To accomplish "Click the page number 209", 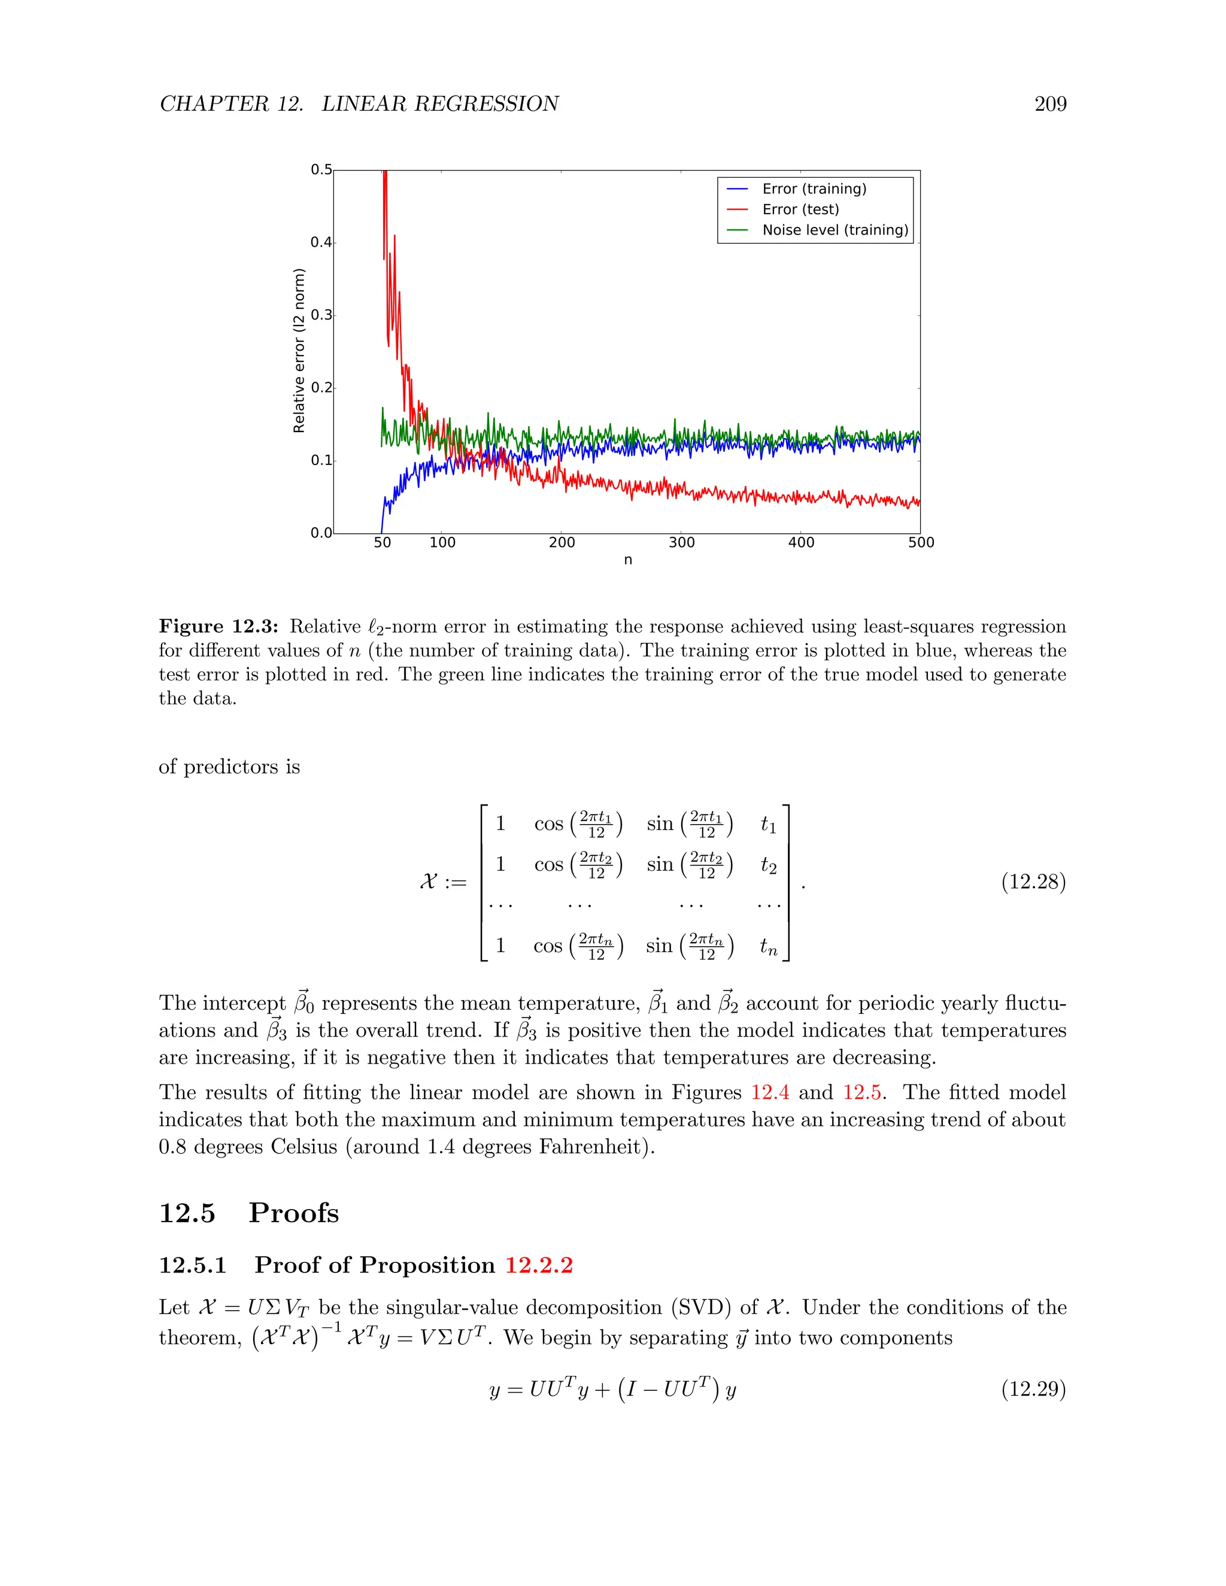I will [1050, 104].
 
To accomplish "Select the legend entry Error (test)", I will [800, 209].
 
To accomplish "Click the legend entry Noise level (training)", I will [834, 230].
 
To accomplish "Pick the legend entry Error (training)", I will [814, 189].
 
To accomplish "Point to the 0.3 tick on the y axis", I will [321, 315].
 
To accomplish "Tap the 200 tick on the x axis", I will [562, 542].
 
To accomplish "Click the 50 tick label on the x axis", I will [382, 542].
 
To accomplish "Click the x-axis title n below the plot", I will [627, 560].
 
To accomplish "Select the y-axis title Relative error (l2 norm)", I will [299, 351].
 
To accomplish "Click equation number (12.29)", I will [1033, 1388].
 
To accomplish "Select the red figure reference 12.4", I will [770, 1092].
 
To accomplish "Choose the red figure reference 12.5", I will [861, 1092].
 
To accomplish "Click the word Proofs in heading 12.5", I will [293, 1213].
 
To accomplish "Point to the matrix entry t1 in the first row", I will [769, 824].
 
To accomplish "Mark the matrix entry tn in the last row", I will [769, 946].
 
